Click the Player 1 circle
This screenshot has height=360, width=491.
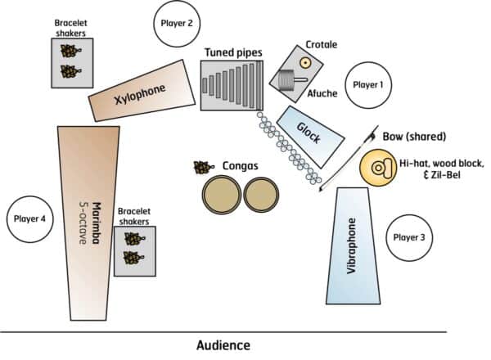coord(367,84)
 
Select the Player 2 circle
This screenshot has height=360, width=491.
coord(178,24)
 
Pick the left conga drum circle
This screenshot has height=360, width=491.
coord(221,195)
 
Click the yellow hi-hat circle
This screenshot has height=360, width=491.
coord(380,169)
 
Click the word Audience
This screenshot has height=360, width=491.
coord(223,345)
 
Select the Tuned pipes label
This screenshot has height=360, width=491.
coord(233,53)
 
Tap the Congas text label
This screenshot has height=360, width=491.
coord(241,166)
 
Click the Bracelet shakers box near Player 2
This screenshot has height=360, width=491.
coord(72,62)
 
